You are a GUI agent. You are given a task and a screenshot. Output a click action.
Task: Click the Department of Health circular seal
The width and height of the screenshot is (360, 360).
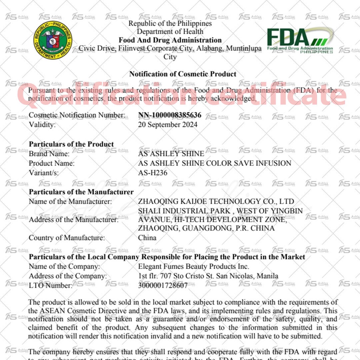tap(53, 40)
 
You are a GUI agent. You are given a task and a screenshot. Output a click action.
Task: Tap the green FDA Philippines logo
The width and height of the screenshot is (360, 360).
tap(300, 40)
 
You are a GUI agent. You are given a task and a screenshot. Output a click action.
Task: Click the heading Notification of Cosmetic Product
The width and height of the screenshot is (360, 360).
tap(183, 74)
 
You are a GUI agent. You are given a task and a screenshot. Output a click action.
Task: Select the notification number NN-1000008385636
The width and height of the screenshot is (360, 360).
tap(170, 115)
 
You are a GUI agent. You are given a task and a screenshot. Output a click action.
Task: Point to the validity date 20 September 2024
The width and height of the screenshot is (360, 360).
tap(168, 124)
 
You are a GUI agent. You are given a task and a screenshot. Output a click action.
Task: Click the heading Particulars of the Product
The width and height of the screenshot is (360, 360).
tap(71, 144)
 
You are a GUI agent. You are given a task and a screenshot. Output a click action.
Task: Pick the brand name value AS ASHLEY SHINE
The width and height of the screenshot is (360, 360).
tap(171, 154)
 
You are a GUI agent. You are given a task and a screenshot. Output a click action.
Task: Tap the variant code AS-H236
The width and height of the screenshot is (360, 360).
tap(153, 173)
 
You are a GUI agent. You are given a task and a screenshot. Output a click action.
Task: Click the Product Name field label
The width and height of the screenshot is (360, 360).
tap(52, 163)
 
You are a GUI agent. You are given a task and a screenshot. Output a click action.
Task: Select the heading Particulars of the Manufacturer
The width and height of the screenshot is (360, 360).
tap(81, 192)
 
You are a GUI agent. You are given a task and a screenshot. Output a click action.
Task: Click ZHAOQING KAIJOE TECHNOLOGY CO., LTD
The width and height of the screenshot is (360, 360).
tap(216, 201)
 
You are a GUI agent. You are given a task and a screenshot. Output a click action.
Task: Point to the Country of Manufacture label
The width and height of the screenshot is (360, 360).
tap(67, 238)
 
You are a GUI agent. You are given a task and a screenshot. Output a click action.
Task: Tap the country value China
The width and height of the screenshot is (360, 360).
tap(147, 238)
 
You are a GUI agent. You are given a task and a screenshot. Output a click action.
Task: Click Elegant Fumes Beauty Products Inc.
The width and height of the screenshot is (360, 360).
tap(194, 266)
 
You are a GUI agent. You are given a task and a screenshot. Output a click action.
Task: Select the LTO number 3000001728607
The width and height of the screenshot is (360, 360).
tap(163, 285)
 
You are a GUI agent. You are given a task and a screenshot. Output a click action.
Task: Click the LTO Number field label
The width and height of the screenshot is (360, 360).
tap(50, 285)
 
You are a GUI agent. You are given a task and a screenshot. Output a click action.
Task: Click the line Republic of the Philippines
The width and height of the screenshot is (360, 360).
tap(170, 24)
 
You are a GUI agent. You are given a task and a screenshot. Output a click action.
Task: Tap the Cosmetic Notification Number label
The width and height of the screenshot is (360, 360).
tap(77, 115)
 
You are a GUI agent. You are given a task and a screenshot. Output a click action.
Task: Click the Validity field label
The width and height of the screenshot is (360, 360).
tap(42, 124)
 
